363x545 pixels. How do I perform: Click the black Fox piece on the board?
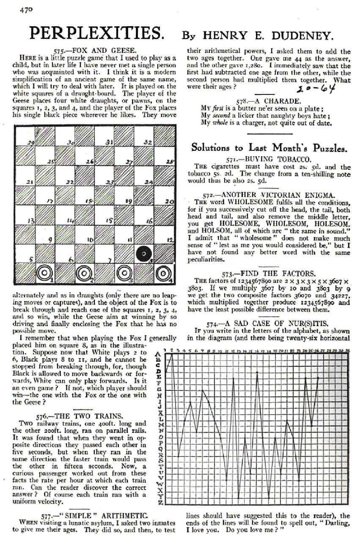(145, 255)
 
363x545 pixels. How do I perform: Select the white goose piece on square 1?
(44, 274)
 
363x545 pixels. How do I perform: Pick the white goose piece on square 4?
(163, 274)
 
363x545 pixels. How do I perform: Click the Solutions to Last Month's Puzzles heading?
(269, 147)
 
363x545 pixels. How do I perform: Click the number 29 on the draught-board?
(31, 142)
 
